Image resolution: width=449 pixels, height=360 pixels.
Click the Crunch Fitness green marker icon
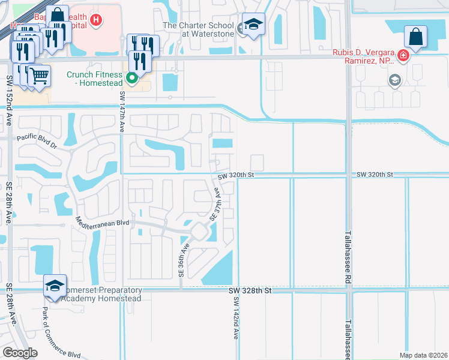(133, 77)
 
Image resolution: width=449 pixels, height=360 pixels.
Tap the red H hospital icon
(95, 20)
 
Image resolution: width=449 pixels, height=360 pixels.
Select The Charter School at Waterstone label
(199, 30)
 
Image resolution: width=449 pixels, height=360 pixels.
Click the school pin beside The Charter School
(254, 25)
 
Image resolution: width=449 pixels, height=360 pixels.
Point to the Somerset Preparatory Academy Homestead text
(101, 294)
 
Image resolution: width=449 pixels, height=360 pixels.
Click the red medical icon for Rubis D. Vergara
(403, 57)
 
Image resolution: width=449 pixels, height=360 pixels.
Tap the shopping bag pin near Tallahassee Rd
(415, 37)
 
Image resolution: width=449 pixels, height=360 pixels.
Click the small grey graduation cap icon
(395, 80)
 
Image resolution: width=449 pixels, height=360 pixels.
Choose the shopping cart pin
(39, 76)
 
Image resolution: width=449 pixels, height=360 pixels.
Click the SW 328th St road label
(251, 290)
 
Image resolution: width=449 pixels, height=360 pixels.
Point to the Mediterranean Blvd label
(103, 221)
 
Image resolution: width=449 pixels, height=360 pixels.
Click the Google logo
(20, 352)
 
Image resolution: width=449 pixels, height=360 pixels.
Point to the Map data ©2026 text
(423, 355)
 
